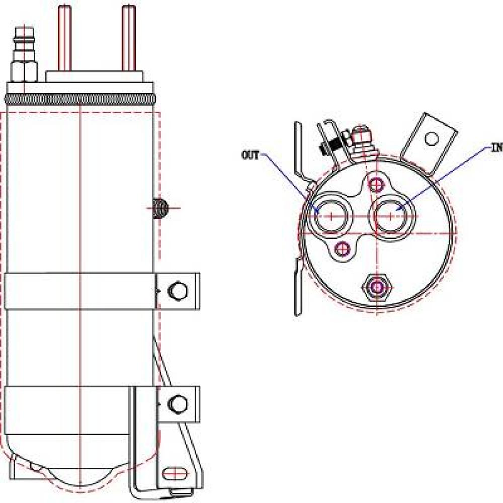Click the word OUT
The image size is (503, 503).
click(x=250, y=155)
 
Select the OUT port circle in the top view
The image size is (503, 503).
click(x=330, y=215)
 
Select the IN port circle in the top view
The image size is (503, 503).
click(x=392, y=215)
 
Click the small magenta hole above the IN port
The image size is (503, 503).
click(x=375, y=184)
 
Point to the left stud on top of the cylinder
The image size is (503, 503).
click(x=64, y=38)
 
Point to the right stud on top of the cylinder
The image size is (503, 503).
click(x=129, y=38)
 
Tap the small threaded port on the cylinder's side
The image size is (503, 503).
click(x=159, y=208)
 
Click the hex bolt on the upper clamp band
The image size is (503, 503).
click(x=177, y=291)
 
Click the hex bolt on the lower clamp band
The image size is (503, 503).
click(x=177, y=403)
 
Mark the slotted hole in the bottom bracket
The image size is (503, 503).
click(x=172, y=473)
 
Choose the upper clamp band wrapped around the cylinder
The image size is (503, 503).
click(x=80, y=291)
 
